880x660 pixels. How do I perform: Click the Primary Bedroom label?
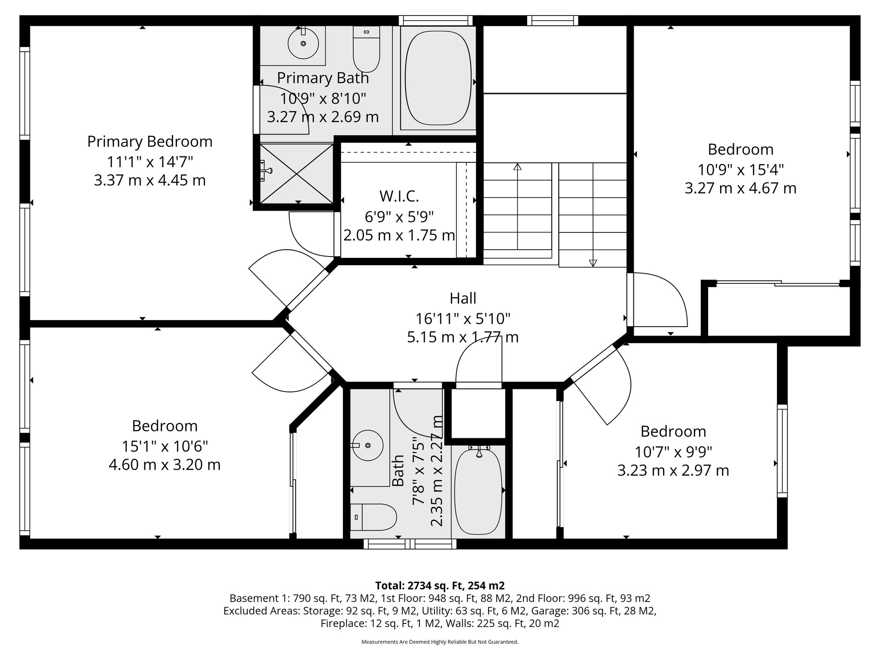point(150,141)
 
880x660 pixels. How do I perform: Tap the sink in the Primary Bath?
point(303,43)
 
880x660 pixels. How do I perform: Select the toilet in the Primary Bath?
point(366,48)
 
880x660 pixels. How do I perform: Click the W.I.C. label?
point(399,196)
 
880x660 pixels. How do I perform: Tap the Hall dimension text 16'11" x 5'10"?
point(462,318)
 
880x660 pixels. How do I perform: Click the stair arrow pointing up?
point(517,167)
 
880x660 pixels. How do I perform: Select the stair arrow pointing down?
point(593,263)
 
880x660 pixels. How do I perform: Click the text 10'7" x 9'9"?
point(673,452)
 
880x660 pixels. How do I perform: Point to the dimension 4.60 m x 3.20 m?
point(165,465)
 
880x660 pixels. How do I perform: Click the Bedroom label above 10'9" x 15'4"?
point(740,150)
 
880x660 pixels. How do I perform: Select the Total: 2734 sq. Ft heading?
point(440,586)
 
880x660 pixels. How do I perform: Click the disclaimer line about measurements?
point(440,642)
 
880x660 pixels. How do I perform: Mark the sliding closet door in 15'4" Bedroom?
point(778,283)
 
